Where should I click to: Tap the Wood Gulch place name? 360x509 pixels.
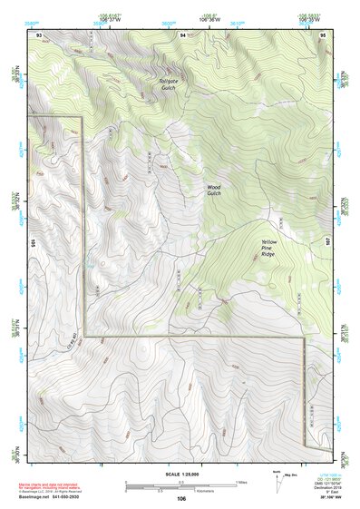coord(213,191)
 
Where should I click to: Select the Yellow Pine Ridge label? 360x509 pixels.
coord(269,250)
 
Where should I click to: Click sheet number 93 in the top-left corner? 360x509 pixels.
coord(38,34)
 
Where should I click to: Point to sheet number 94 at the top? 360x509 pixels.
coord(182,34)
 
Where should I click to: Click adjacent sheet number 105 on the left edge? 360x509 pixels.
coord(32,242)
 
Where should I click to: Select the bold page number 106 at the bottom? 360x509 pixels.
coord(181,499)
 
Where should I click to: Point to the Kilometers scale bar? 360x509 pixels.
coord(181,488)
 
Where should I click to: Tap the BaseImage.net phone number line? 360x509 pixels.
coord(51,498)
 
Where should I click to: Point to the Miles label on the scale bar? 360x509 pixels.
coord(240,481)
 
